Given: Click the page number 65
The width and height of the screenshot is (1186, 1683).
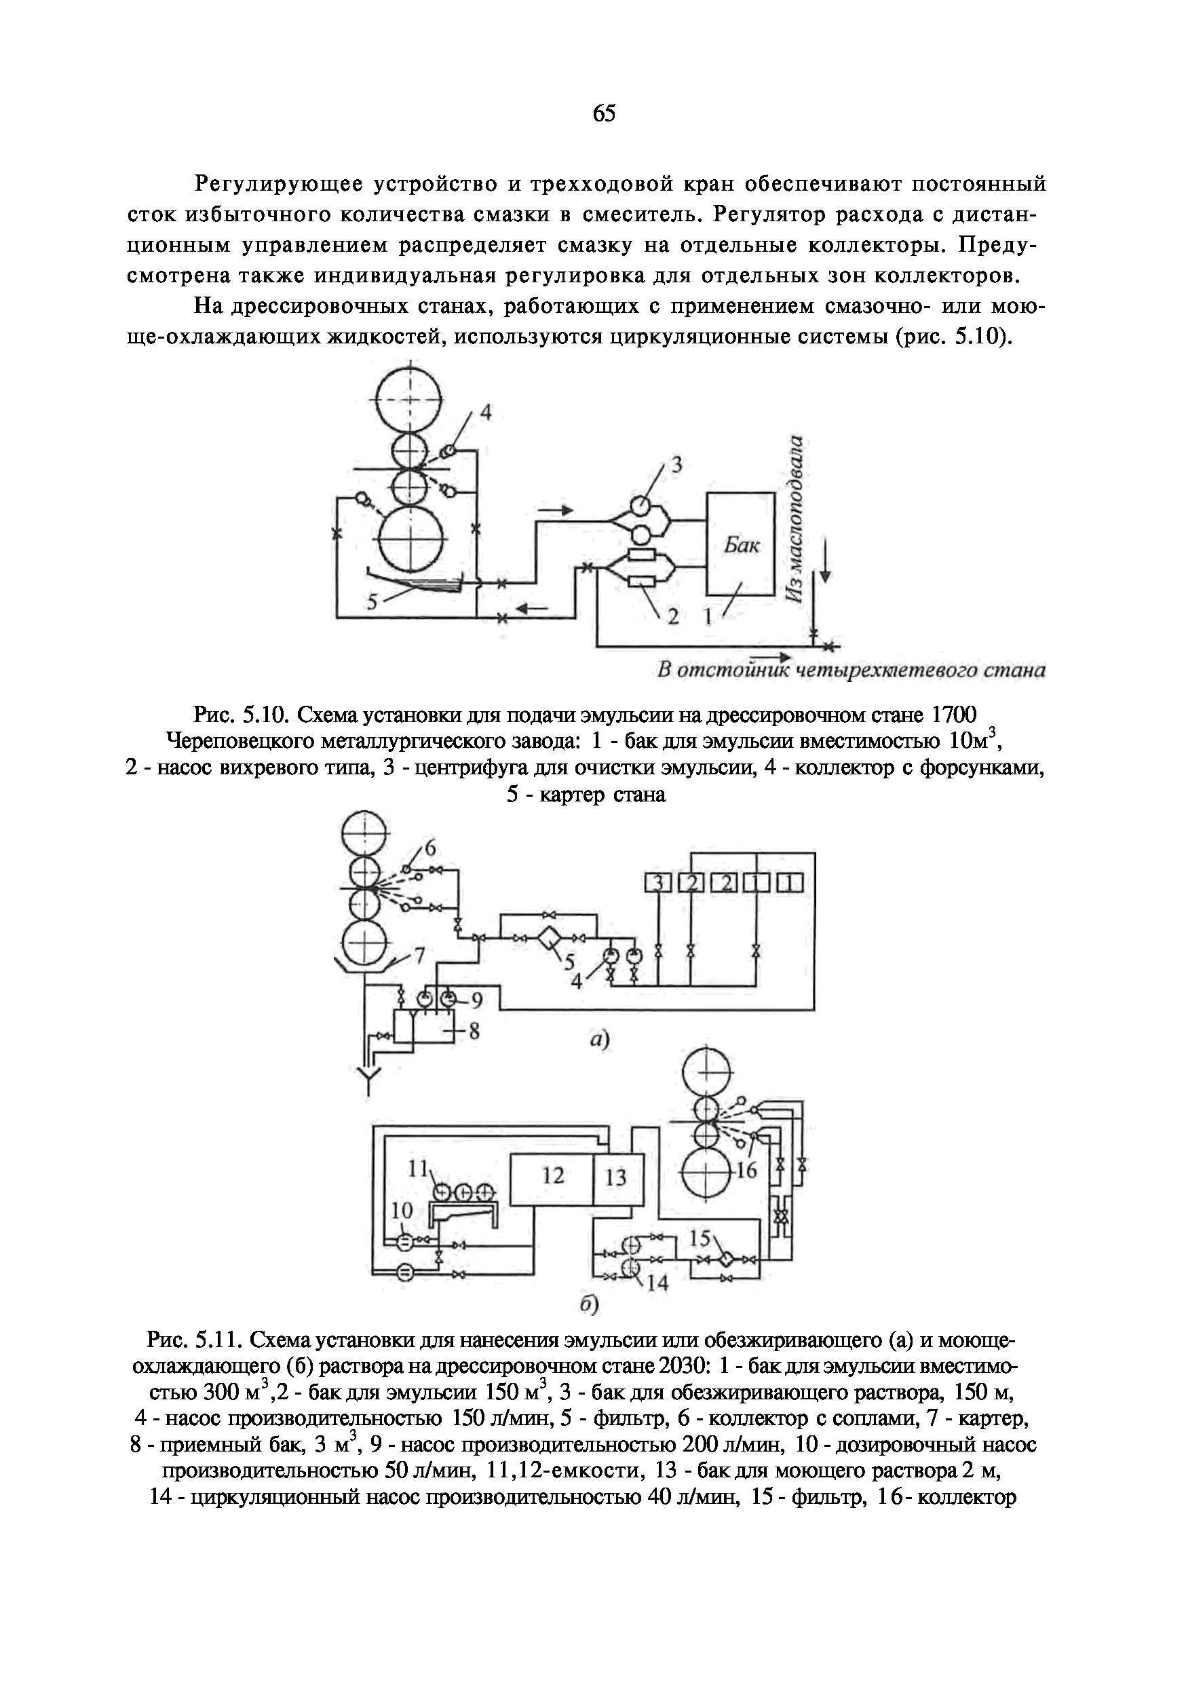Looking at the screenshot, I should coord(604,113).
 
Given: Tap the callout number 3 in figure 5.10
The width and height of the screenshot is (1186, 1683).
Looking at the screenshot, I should coord(676,464).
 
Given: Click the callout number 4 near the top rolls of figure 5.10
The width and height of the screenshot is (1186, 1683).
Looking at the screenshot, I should coord(484,413).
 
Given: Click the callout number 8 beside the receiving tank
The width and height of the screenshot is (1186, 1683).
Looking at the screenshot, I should coord(474,1032).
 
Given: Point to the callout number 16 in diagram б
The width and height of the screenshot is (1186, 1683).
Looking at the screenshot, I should coord(746,1171).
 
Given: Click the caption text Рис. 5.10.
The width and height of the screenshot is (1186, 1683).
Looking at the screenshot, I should coord(237,714).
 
